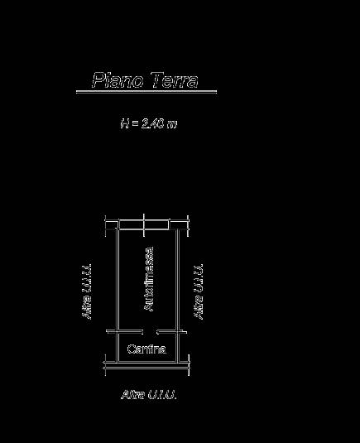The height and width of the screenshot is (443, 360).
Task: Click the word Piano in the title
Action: (x=118, y=80)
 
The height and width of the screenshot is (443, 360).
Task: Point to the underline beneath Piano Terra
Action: (x=146, y=91)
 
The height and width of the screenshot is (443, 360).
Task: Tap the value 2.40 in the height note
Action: (x=153, y=123)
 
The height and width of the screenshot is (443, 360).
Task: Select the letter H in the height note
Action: (x=124, y=123)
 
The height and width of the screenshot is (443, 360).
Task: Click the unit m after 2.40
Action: (x=171, y=124)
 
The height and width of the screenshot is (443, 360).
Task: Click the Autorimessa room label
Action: (x=149, y=279)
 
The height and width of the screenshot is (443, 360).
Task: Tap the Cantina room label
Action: (x=146, y=349)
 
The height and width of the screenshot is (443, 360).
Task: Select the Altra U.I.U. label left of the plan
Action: (x=87, y=291)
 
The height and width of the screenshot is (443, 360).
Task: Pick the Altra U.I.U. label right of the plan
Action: (x=199, y=291)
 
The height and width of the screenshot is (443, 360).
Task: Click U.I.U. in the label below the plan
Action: (x=162, y=394)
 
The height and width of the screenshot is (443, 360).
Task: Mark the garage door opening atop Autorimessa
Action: (x=144, y=225)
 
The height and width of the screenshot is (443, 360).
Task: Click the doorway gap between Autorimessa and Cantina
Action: (x=150, y=332)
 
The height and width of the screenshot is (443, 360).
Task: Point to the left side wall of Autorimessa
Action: (x=118, y=280)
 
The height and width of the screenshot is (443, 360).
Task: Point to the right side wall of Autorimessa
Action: (x=178, y=280)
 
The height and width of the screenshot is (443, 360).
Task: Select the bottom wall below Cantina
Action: (x=146, y=365)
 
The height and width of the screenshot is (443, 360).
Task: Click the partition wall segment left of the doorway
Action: (x=124, y=332)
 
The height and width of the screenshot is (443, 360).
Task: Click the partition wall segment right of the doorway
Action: (x=171, y=332)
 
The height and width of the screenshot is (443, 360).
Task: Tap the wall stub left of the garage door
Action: (x=112, y=225)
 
